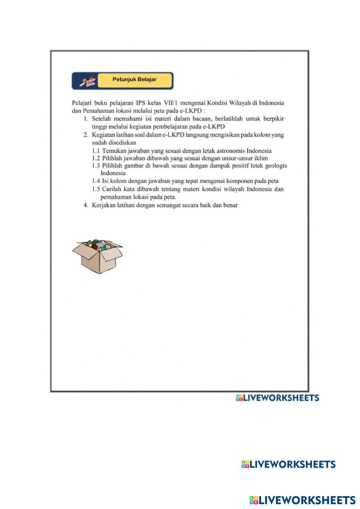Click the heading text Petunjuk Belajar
pyautogui.click(x=134, y=79)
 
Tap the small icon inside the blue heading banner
pyautogui.click(x=88, y=81)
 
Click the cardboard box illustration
pyautogui.click(x=97, y=256)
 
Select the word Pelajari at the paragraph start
pyautogui.click(x=81, y=103)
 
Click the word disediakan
pyautogui.click(x=121, y=143)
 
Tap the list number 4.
pyautogui.click(x=86, y=205)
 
